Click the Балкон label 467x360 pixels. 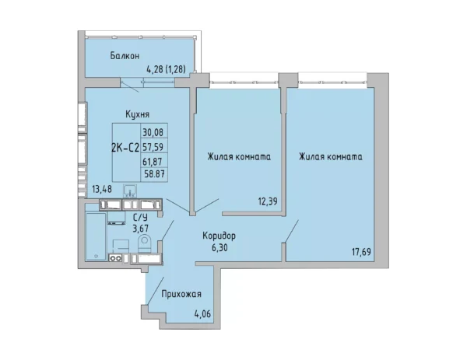pyautogui.click(x=125, y=55)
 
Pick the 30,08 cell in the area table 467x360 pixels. pyautogui.click(x=154, y=132)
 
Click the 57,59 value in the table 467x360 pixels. pyautogui.click(x=154, y=145)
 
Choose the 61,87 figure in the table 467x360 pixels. pyautogui.click(x=154, y=161)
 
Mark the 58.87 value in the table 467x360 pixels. pyautogui.click(x=154, y=173)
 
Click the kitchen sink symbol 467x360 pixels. pyautogui.click(x=118, y=189)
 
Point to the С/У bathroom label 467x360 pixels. pyautogui.click(x=140, y=217)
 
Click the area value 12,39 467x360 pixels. pyautogui.click(x=258, y=201)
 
